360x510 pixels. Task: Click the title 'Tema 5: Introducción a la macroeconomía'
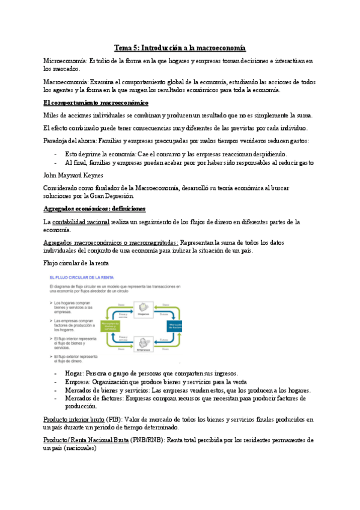pos(180,48)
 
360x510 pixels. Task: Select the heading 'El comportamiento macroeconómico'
pos(97,103)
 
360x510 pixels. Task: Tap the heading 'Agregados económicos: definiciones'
pos(94,209)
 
